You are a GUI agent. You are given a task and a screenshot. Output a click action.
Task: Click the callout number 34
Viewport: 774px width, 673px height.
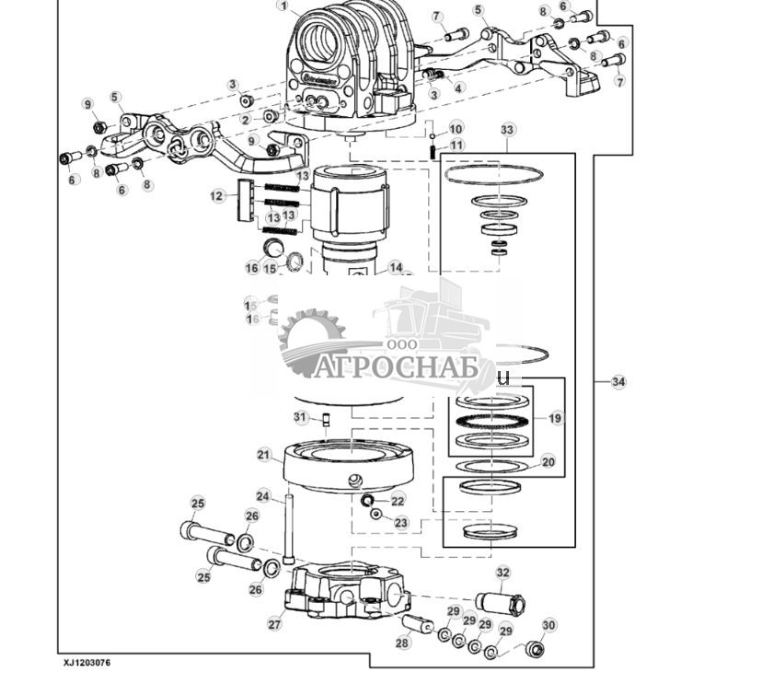coord(618,381)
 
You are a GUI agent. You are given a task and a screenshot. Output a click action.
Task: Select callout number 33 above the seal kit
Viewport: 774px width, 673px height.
coord(507,130)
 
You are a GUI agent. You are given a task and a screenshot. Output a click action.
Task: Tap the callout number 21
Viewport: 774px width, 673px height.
coord(264,455)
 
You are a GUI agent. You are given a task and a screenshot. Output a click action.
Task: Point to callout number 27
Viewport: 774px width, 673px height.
coord(274,623)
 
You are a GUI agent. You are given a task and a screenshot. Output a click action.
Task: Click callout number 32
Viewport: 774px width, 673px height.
coord(503,572)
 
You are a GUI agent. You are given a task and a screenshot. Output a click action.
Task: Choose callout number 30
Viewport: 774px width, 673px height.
coord(549,625)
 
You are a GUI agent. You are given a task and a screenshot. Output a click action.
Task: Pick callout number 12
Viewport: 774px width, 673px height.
coord(217,195)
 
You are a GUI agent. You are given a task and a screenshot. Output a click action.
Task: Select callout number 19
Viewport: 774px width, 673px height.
coord(555,418)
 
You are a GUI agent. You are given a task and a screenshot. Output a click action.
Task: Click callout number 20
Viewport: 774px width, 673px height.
coord(549,462)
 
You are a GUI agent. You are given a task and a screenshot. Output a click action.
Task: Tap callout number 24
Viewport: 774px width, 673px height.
coord(263,496)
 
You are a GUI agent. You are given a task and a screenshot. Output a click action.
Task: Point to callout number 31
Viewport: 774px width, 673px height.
coord(300,417)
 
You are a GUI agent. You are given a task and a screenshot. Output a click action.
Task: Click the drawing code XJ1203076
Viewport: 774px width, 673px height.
coord(87,662)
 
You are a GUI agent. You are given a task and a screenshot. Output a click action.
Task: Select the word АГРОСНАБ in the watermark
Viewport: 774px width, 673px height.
coord(396,368)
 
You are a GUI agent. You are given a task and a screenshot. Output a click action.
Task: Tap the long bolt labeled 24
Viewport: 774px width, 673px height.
coord(289,529)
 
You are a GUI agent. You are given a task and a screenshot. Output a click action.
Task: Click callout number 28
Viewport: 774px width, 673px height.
coord(402,644)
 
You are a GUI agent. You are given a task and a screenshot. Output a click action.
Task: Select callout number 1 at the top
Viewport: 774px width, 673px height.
coord(283,6)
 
